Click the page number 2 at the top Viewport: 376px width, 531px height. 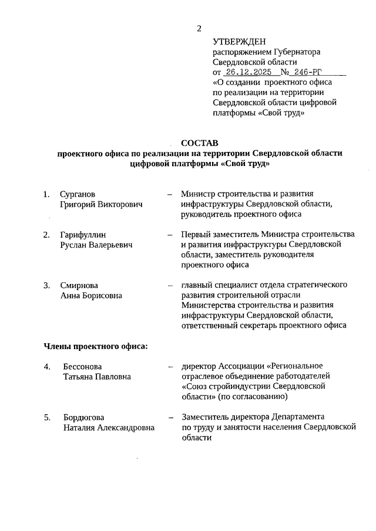(x=199, y=28)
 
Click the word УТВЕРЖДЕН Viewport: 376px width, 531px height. (x=239, y=42)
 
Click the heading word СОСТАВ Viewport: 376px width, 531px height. (x=199, y=143)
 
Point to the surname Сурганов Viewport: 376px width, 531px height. (x=78, y=194)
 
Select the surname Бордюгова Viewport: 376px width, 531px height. (x=85, y=417)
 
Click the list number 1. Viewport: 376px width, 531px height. (x=46, y=194)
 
